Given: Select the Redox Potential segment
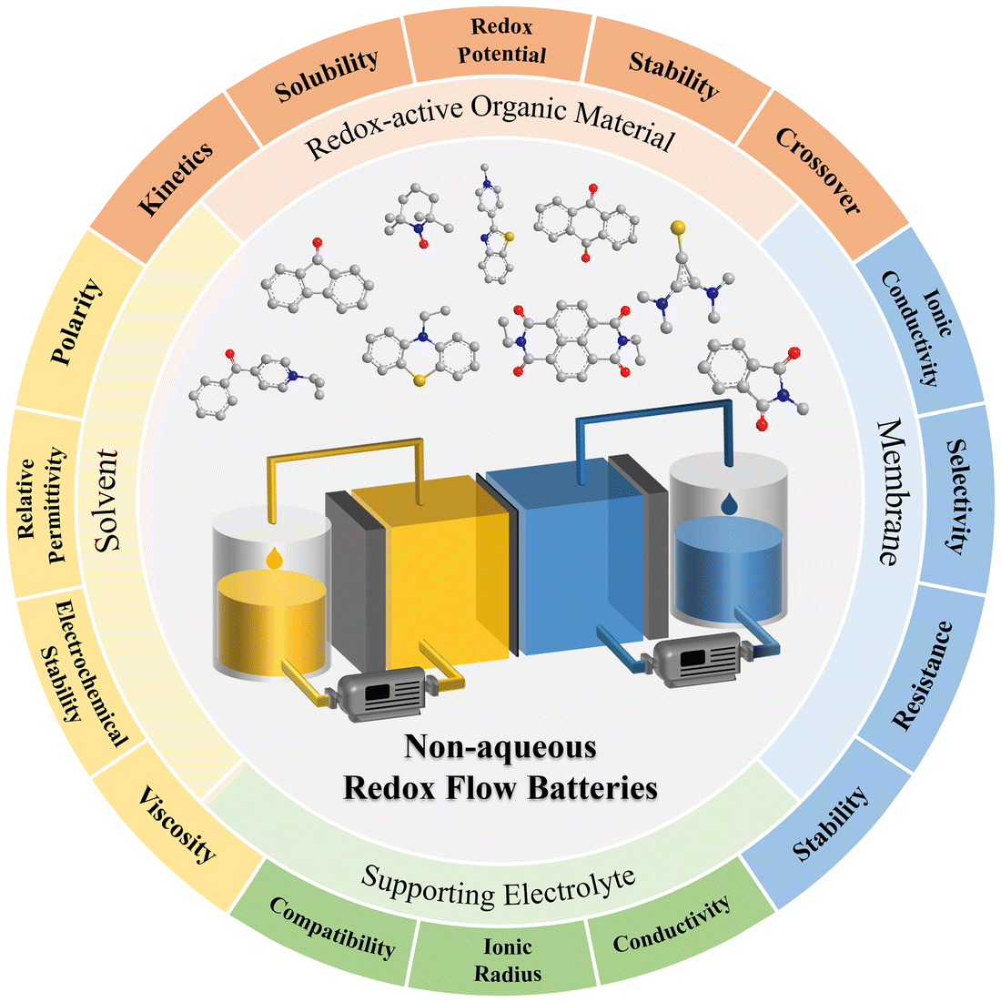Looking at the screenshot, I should point(501,41).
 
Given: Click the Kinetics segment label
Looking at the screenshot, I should point(176,178).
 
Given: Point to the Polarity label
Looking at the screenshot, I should point(77,323).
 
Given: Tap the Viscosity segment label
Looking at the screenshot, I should point(177,824).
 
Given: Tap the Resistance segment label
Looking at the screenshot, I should point(922,674).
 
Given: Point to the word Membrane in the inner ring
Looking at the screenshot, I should point(889,491).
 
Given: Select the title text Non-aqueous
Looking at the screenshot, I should point(500,747).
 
